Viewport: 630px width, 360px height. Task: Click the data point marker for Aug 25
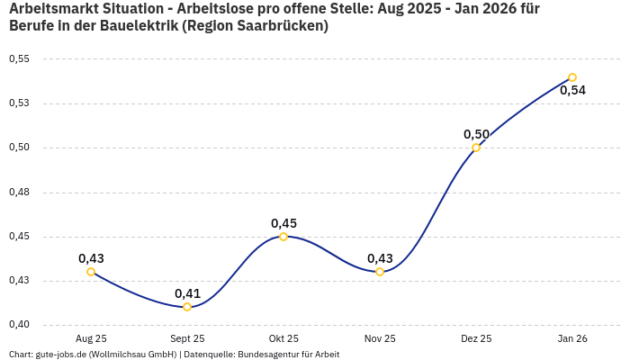point(91,272)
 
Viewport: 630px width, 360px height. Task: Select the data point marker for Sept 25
point(187,307)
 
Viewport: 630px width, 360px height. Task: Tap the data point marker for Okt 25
point(283,237)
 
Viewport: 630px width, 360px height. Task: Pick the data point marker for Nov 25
point(380,272)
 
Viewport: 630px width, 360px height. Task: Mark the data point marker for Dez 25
point(476,148)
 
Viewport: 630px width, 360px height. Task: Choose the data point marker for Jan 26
point(572,77)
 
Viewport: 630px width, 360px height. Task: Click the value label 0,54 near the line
point(572,90)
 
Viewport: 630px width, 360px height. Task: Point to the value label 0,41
point(187,293)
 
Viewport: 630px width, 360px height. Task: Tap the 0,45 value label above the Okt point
point(283,223)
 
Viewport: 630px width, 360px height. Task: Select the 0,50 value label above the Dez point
point(476,134)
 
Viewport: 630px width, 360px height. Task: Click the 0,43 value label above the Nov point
point(380,258)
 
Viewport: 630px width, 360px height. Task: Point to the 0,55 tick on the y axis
point(19,59)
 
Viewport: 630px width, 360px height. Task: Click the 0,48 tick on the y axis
point(19,193)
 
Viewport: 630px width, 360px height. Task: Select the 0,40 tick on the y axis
point(19,325)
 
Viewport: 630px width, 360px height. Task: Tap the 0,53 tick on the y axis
point(19,103)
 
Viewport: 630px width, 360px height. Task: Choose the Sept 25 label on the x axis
point(187,339)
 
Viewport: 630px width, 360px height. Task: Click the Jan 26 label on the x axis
point(572,339)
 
